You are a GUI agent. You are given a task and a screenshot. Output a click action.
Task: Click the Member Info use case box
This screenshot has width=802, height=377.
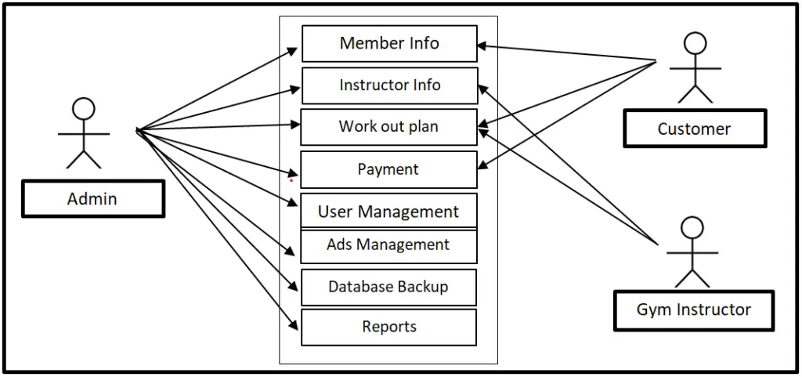(389, 43)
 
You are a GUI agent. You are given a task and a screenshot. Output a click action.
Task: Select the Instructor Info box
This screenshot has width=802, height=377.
(389, 85)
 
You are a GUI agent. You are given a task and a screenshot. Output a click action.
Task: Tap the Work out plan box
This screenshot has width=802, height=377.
(388, 127)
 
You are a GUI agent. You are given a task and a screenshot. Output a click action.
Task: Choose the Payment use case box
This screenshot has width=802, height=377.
(388, 169)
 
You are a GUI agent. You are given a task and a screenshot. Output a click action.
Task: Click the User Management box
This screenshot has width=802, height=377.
(388, 211)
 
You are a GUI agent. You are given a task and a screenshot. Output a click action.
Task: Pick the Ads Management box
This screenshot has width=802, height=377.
(388, 245)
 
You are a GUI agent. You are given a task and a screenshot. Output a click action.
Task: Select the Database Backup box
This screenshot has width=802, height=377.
(388, 287)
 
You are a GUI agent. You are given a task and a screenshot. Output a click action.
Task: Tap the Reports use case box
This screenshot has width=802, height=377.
(388, 327)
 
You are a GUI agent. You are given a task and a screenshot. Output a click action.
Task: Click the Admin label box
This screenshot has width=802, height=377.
(92, 199)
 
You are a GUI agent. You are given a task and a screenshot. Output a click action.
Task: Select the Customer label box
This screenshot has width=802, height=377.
(694, 129)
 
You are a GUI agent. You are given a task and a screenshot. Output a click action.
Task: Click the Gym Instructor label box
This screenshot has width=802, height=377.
(693, 310)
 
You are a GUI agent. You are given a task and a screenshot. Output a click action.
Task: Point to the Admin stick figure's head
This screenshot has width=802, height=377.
(83, 109)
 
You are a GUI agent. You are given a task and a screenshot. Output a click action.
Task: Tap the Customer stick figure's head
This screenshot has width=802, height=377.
(695, 43)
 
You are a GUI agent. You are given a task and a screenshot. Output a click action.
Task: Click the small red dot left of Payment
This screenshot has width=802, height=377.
(291, 180)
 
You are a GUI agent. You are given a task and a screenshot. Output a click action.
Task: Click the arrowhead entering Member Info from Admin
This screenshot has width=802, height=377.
(294, 50)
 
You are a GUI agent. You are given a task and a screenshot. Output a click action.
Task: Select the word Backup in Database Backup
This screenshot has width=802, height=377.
(423, 287)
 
